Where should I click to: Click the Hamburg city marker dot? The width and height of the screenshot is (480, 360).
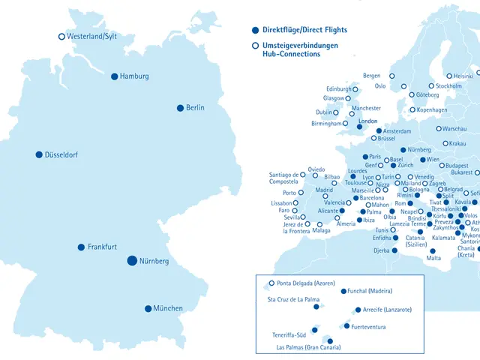click(x=115, y=76)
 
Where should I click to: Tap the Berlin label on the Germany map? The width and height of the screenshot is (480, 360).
click(x=195, y=108)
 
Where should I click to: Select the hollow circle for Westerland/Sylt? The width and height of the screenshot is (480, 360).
click(x=61, y=36)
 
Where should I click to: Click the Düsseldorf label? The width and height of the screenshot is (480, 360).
click(x=67, y=155)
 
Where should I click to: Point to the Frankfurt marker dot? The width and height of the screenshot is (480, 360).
click(x=81, y=247)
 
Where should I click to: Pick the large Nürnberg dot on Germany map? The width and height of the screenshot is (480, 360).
click(x=132, y=260)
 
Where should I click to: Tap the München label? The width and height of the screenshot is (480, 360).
click(x=168, y=308)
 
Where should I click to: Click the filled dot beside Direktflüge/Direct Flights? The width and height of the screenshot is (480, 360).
click(x=256, y=30)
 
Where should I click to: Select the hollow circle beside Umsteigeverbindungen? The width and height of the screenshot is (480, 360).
click(x=256, y=46)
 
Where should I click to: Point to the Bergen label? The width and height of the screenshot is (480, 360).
click(x=371, y=76)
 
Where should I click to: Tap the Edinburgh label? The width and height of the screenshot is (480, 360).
click(x=338, y=89)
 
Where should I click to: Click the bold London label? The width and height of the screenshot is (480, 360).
click(x=368, y=121)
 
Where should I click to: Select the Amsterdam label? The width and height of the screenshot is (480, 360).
click(x=397, y=132)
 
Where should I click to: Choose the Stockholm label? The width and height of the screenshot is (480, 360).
click(x=448, y=86)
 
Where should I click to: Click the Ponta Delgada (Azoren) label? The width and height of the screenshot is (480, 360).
click(x=305, y=283)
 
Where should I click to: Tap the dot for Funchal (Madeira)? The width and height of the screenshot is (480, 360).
click(x=343, y=291)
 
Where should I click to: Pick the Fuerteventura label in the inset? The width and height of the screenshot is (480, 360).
click(x=368, y=327)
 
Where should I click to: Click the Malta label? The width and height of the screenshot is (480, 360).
click(x=434, y=259)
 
